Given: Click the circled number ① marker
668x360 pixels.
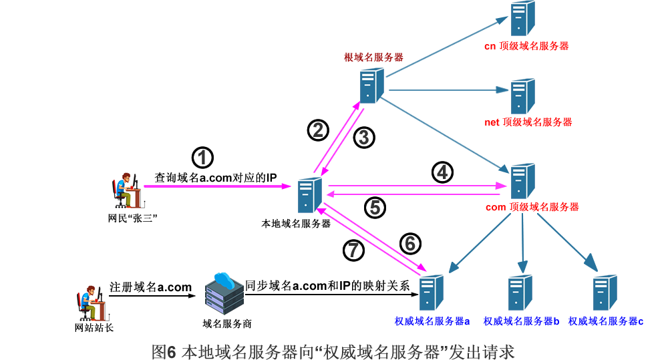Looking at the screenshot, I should click(202, 158).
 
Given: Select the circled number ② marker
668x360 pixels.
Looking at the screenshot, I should click(318, 130).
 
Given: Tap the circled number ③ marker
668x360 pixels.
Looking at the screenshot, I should click(364, 138).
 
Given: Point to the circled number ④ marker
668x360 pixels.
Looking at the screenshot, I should click(442, 173).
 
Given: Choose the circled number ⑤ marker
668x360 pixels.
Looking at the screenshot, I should click(375, 208).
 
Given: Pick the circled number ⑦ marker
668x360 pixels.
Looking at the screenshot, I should click(354, 250).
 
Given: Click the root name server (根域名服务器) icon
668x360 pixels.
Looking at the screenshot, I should click(371, 85).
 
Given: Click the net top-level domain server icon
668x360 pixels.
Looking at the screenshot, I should click(522, 96).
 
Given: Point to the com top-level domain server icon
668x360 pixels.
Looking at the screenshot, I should click(522, 181).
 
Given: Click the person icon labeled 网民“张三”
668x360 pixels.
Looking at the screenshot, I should click(127, 191).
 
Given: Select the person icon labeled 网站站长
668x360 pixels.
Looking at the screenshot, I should click(90, 304).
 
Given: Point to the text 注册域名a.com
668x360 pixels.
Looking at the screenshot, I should click(150, 287).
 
